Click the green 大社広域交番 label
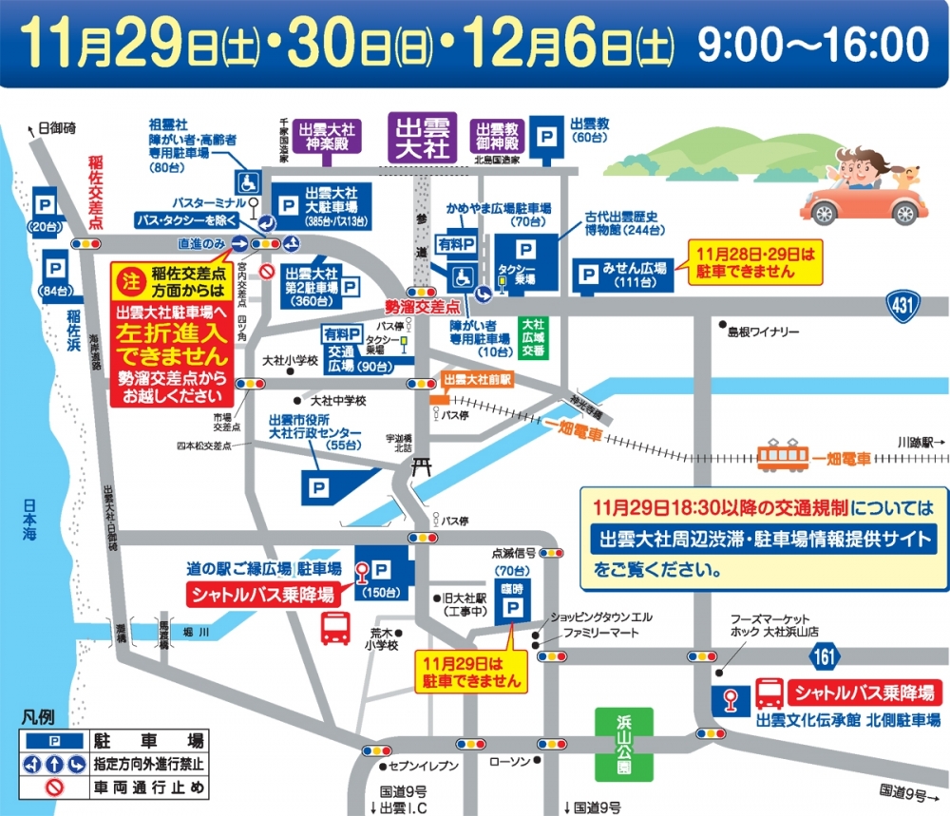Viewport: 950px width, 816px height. coord(532,336)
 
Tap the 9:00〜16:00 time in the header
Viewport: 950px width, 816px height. coord(813,43)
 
